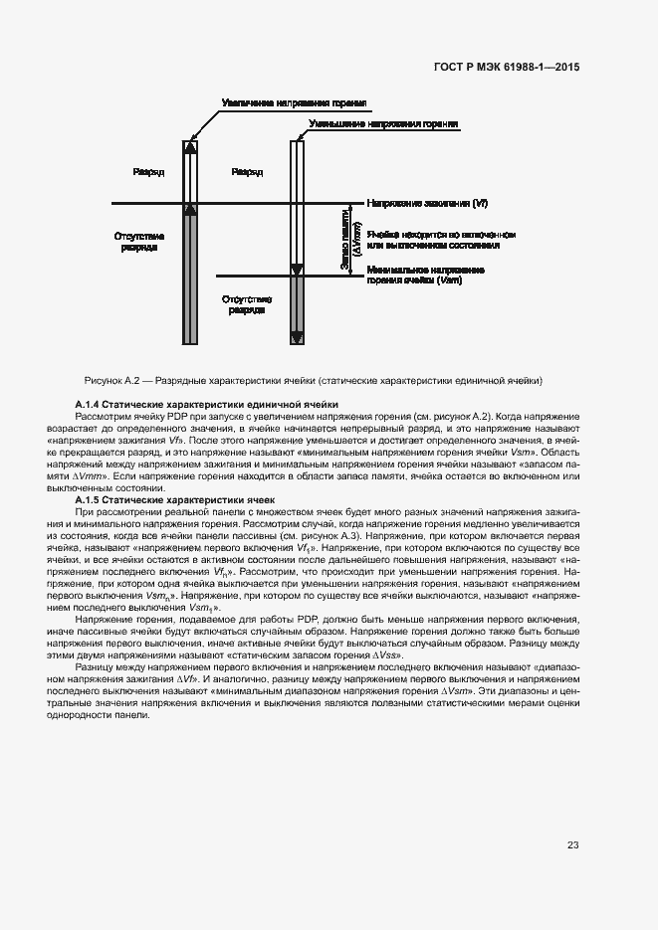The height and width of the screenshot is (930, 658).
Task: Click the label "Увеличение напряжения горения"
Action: coord(295,102)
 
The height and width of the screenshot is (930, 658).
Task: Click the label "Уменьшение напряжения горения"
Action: coord(383,125)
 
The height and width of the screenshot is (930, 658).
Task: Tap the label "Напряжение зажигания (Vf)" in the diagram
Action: coord(427,203)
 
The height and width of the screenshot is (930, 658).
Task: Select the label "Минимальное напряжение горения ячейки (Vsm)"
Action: coord(413,276)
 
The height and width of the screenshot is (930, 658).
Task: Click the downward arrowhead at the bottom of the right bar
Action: coord(296,337)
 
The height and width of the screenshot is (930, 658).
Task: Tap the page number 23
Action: coord(572,845)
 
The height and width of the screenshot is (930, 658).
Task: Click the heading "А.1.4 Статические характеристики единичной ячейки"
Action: coord(207,404)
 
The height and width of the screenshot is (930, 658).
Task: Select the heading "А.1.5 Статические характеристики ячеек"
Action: coord(182,498)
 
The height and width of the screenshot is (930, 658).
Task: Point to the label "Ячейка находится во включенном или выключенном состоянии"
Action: coord(441,239)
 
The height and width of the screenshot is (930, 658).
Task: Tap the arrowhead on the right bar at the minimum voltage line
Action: coord(296,270)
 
